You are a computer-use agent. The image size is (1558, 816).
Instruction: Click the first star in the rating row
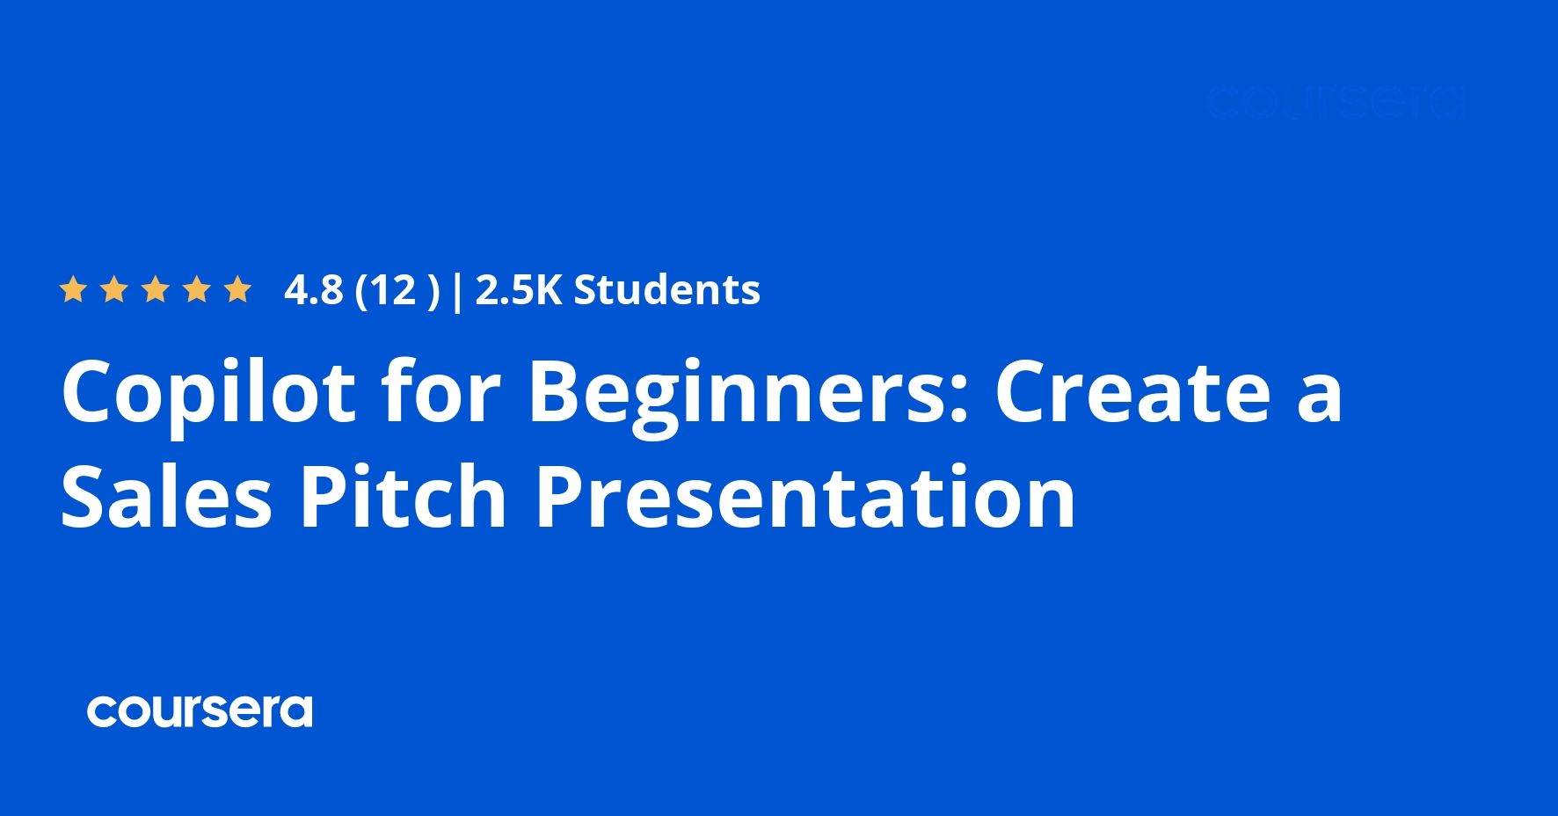(73, 289)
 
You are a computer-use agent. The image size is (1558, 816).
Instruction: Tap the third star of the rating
(156, 289)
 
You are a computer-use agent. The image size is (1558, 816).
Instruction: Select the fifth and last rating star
(237, 289)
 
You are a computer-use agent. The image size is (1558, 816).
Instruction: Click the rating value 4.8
(313, 290)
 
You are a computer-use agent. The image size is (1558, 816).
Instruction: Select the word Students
(666, 290)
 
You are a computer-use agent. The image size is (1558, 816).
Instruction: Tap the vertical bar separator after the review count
(456, 291)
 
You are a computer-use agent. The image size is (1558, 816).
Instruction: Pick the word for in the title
(440, 391)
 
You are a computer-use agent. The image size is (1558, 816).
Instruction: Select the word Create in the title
(1132, 391)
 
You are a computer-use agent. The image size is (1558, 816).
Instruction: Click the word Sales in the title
(166, 497)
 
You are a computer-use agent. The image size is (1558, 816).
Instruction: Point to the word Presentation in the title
(805, 497)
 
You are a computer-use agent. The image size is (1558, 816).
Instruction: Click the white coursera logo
(200, 711)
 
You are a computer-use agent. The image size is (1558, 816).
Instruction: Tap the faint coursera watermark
(1335, 103)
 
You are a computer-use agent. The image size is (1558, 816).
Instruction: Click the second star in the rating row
(114, 289)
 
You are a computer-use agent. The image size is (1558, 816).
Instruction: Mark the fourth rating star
(197, 289)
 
